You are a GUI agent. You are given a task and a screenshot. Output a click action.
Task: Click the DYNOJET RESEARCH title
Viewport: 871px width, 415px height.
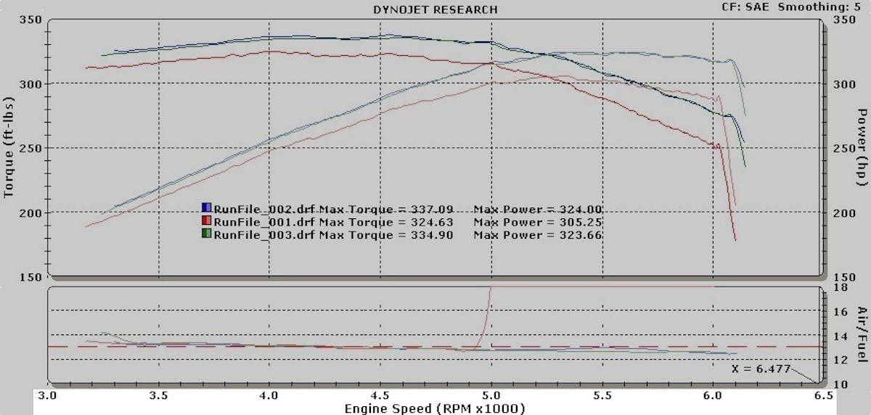435,9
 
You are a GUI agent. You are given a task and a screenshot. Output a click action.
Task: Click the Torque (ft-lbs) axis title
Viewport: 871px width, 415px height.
9,149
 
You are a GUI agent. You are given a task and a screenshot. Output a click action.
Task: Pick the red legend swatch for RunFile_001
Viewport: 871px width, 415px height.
206,222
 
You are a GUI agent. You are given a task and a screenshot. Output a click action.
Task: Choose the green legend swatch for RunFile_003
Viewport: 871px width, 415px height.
206,235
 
